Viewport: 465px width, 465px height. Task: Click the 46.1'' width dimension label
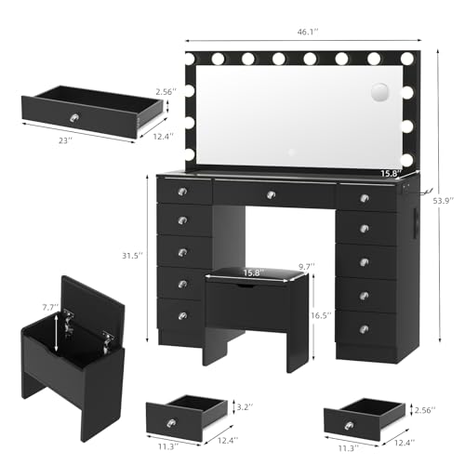(308, 33)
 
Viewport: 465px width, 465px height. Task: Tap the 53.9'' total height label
(444, 200)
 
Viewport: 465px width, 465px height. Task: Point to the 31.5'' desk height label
(132, 256)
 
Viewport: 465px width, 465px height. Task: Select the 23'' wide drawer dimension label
(65, 140)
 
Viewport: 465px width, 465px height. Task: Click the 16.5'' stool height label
(321, 315)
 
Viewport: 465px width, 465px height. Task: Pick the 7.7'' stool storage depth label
(50, 307)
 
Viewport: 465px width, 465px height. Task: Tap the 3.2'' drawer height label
(245, 407)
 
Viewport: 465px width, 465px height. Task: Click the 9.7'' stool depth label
(307, 266)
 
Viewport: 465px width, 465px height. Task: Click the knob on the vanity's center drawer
(271, 194)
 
